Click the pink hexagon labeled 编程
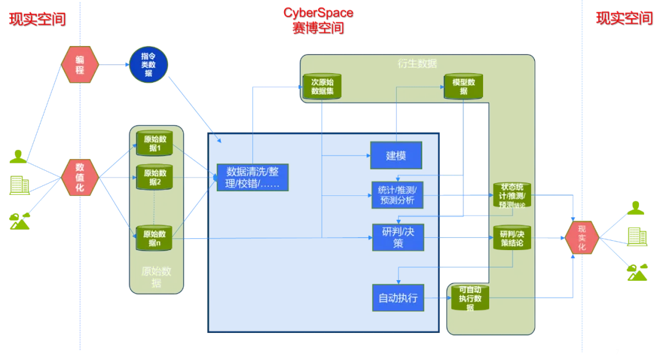(80, 65)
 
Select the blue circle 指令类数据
(149, 65)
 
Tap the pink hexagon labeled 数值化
(80, 178)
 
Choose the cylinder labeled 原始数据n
(153, 238)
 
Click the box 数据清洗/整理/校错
(252, 178)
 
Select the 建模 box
(396, 155)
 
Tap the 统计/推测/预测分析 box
(397, 195)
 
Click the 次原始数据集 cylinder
(322, 87)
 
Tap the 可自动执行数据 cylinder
(470, 299)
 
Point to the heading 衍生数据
(417, 64)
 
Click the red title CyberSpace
(318, 12)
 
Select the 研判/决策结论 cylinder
(512, 238)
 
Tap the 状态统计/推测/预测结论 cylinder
(512, 195)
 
